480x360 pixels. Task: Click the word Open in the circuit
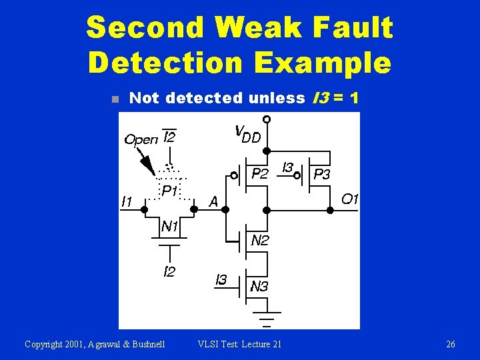tap(141, 139)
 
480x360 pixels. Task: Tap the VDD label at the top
tap(247, 133)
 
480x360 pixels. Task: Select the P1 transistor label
tap(169, 191)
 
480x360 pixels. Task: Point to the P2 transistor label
tap(260, 174)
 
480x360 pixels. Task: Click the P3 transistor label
tap(322, 174)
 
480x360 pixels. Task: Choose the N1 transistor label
tap(170, 227)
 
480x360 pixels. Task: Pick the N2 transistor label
tap(259, 241)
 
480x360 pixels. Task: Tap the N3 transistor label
tap(259, 287)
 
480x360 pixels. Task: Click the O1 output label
tap(350, 199)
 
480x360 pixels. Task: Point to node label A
tap(213, 201)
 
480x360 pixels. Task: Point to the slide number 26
tap(451, 344)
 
